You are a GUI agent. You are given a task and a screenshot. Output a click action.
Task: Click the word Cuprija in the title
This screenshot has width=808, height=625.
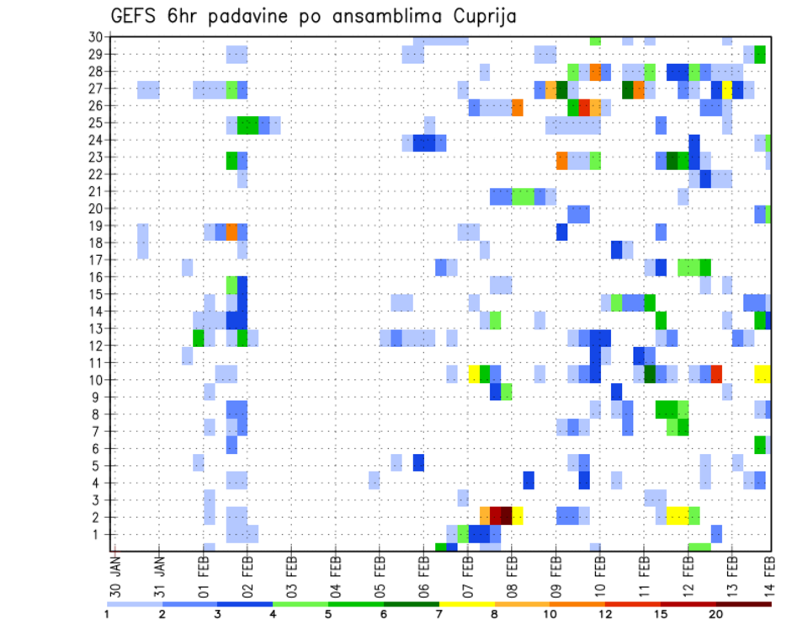pos(481,16)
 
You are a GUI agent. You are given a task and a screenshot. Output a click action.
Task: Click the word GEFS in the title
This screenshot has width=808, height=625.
pos(136,16)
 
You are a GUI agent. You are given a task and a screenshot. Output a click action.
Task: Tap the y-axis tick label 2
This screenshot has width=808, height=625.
pos(98,517)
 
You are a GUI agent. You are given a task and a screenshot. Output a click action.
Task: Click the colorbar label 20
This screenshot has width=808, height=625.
pos(716,613)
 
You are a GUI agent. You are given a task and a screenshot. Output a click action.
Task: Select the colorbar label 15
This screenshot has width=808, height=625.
pos(662,613)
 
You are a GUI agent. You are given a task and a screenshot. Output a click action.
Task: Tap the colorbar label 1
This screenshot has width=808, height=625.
pos(108,613)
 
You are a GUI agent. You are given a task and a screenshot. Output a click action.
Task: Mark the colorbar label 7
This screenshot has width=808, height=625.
pos(439,613)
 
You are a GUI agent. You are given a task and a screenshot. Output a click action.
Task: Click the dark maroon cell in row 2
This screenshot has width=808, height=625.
pos(507,515)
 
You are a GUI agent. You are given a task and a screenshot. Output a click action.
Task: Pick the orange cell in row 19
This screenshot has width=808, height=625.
pos(231,232)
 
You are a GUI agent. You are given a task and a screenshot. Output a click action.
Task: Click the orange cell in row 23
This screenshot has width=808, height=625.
pos(561,160)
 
